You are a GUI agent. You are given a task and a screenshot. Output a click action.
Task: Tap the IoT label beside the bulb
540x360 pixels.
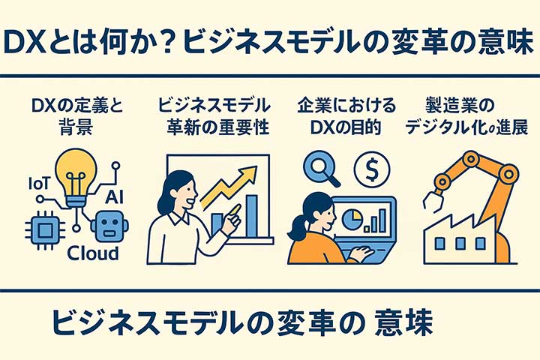40,183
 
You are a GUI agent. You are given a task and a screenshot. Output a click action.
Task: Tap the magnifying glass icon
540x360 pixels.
316,166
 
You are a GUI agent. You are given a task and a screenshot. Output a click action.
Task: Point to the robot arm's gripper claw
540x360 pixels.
433,200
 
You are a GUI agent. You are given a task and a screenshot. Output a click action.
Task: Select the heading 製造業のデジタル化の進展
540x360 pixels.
457,116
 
